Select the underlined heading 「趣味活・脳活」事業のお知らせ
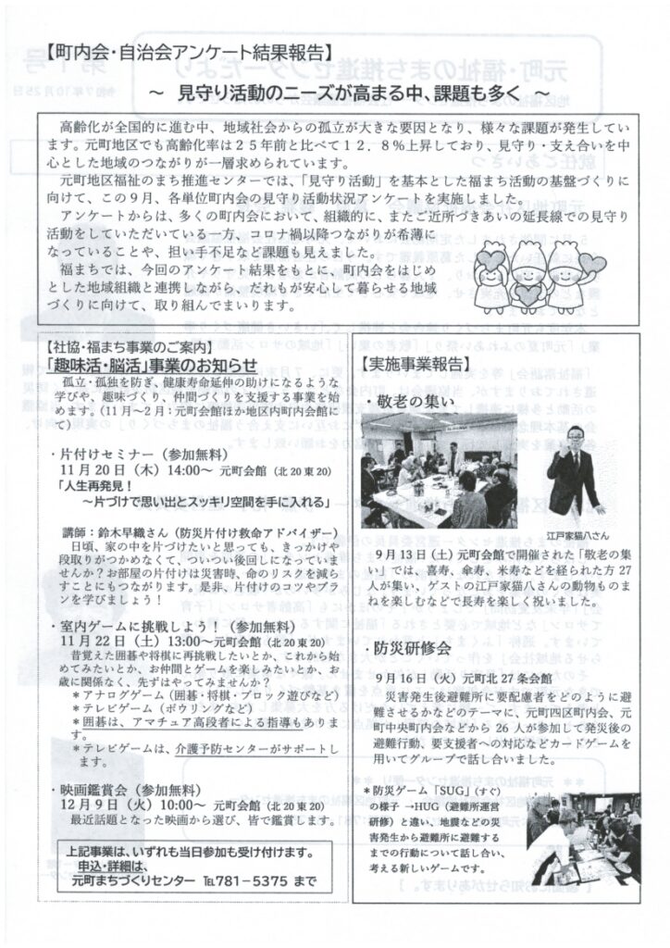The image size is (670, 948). (x=153, y=367)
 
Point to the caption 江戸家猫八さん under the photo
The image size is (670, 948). (x=577, y=535)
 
